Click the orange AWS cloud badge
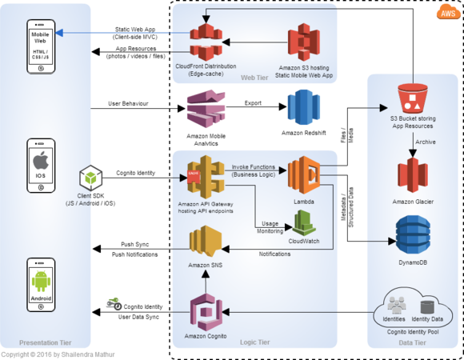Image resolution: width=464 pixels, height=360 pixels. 448,13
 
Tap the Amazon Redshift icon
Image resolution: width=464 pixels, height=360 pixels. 304,108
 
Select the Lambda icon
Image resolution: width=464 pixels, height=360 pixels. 304,175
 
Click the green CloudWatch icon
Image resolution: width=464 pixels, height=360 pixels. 304,222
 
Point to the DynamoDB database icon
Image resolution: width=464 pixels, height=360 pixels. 413,235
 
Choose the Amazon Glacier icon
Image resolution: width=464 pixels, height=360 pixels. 413,175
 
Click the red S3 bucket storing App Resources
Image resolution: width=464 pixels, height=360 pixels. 413,98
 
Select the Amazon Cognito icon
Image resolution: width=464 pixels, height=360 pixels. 206,312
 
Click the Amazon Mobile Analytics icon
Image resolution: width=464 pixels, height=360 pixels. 206,109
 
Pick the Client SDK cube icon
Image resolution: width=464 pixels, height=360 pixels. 91,178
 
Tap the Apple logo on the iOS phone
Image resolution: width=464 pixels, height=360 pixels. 41,161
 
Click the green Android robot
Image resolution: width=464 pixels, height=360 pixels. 41,282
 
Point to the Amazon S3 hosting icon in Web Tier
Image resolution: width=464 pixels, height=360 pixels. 304,42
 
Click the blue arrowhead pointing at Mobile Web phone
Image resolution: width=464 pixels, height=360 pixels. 59,33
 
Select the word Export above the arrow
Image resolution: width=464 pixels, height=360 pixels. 253,103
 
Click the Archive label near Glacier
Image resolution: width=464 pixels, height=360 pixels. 426,142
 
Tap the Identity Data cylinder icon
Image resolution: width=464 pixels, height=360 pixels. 427,307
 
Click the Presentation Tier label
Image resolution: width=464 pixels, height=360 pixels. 46,342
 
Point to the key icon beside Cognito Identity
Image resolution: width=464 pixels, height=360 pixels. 114,304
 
